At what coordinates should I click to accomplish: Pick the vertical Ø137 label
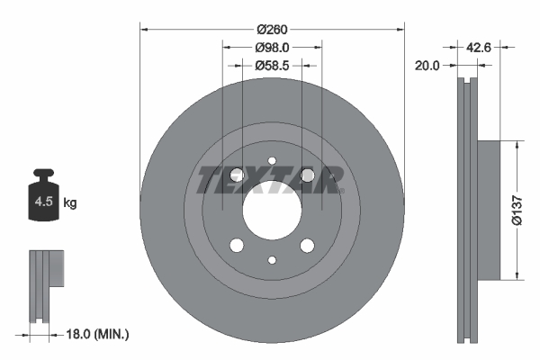tap(518, 209)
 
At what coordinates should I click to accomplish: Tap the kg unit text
tap(69, 203)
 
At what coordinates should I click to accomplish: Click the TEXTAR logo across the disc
tap(271, 180)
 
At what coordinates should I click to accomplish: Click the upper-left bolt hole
tap(237, 175)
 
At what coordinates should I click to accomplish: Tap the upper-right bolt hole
tap(307, 175)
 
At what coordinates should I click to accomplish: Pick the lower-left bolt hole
tap(237, 246)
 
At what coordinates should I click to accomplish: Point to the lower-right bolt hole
tap(307, 246)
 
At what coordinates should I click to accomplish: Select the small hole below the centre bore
tap(272, 259)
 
